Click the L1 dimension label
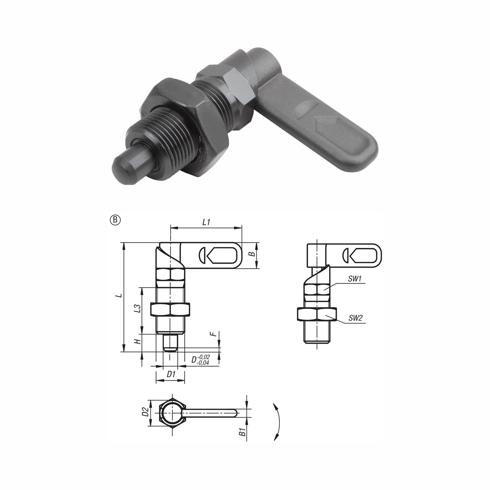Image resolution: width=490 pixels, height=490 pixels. [206, 222]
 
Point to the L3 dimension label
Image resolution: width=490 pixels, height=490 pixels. [138, 308]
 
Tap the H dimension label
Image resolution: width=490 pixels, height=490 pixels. [138, 341]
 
